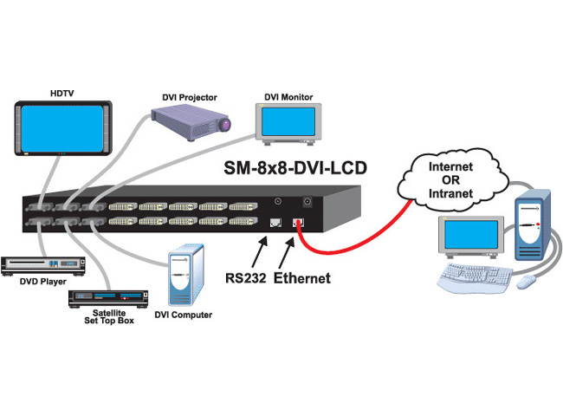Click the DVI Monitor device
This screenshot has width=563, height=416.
(288, 124)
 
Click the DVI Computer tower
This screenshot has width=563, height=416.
(184, 274)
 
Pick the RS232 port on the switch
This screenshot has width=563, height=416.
(276, 224)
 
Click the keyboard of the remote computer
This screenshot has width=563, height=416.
(477, 276)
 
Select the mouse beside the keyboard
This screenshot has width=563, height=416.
(526, 282)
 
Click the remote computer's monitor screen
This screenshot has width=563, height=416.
(470, 234)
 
